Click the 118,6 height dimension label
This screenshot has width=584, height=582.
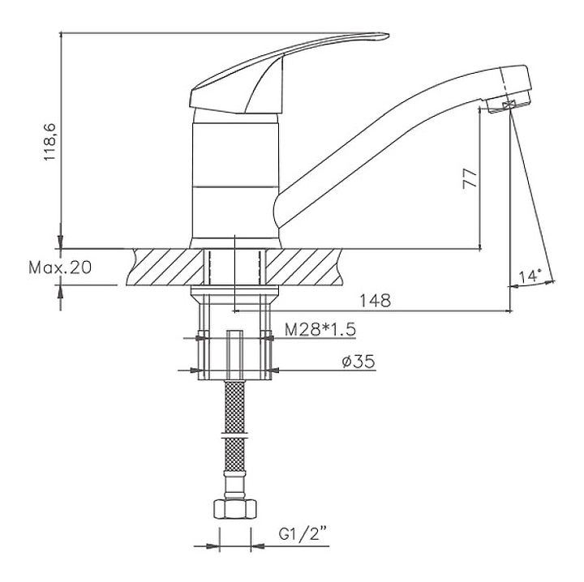click(50, 142)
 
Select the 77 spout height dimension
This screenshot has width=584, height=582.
click(470, 178)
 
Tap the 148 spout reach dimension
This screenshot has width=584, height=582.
click(375, 301)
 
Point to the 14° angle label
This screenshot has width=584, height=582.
click(530, 276)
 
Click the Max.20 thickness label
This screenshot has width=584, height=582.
click(60, 267)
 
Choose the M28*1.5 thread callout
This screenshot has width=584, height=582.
click(320, 330)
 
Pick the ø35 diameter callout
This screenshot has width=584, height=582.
click(358, 362)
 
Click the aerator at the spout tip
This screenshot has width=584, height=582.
click(509, 105)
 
